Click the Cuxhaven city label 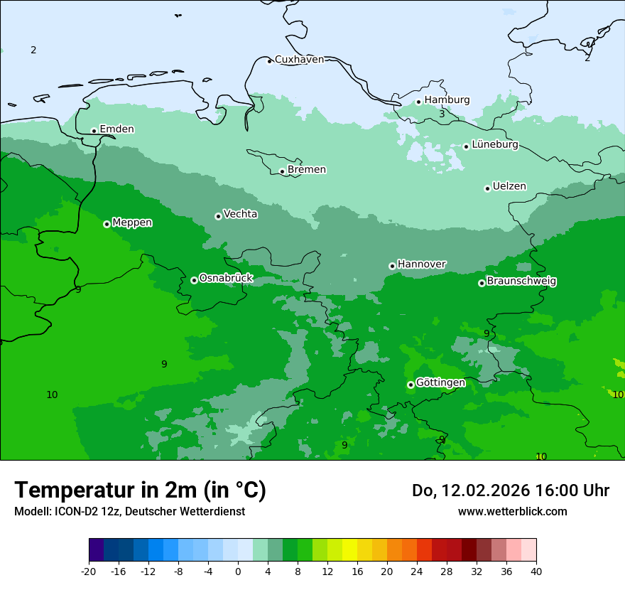(299, 59)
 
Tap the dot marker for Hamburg (419, 102)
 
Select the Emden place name (116, 129)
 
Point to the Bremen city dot (282, 171)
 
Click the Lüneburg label (495, 144)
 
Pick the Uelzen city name (509, 186)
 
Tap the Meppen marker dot (107, 224)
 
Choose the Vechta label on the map (240, 214)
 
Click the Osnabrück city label (226, 278)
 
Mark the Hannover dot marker (392, 266)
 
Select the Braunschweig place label (521, 281)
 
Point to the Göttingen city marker (411, 385)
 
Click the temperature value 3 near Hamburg (442, 114)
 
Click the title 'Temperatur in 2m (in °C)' (141, 490)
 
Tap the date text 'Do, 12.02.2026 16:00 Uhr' (511, 490)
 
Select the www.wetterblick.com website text (513, 511)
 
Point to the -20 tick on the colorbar (89, 572)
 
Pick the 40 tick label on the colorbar (536, 572)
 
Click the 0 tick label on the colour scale (238, 572)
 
